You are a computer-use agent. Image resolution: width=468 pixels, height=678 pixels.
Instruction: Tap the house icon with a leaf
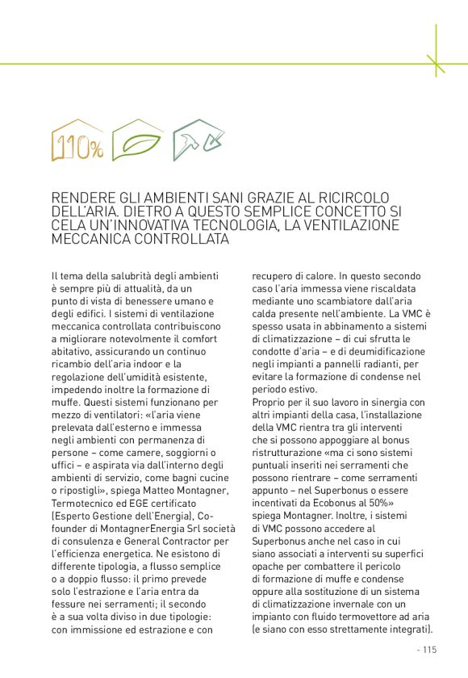[136, 141]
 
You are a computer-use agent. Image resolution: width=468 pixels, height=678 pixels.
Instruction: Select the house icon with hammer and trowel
[198, 139]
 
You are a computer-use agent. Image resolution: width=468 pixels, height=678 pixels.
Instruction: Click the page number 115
[428, 649]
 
